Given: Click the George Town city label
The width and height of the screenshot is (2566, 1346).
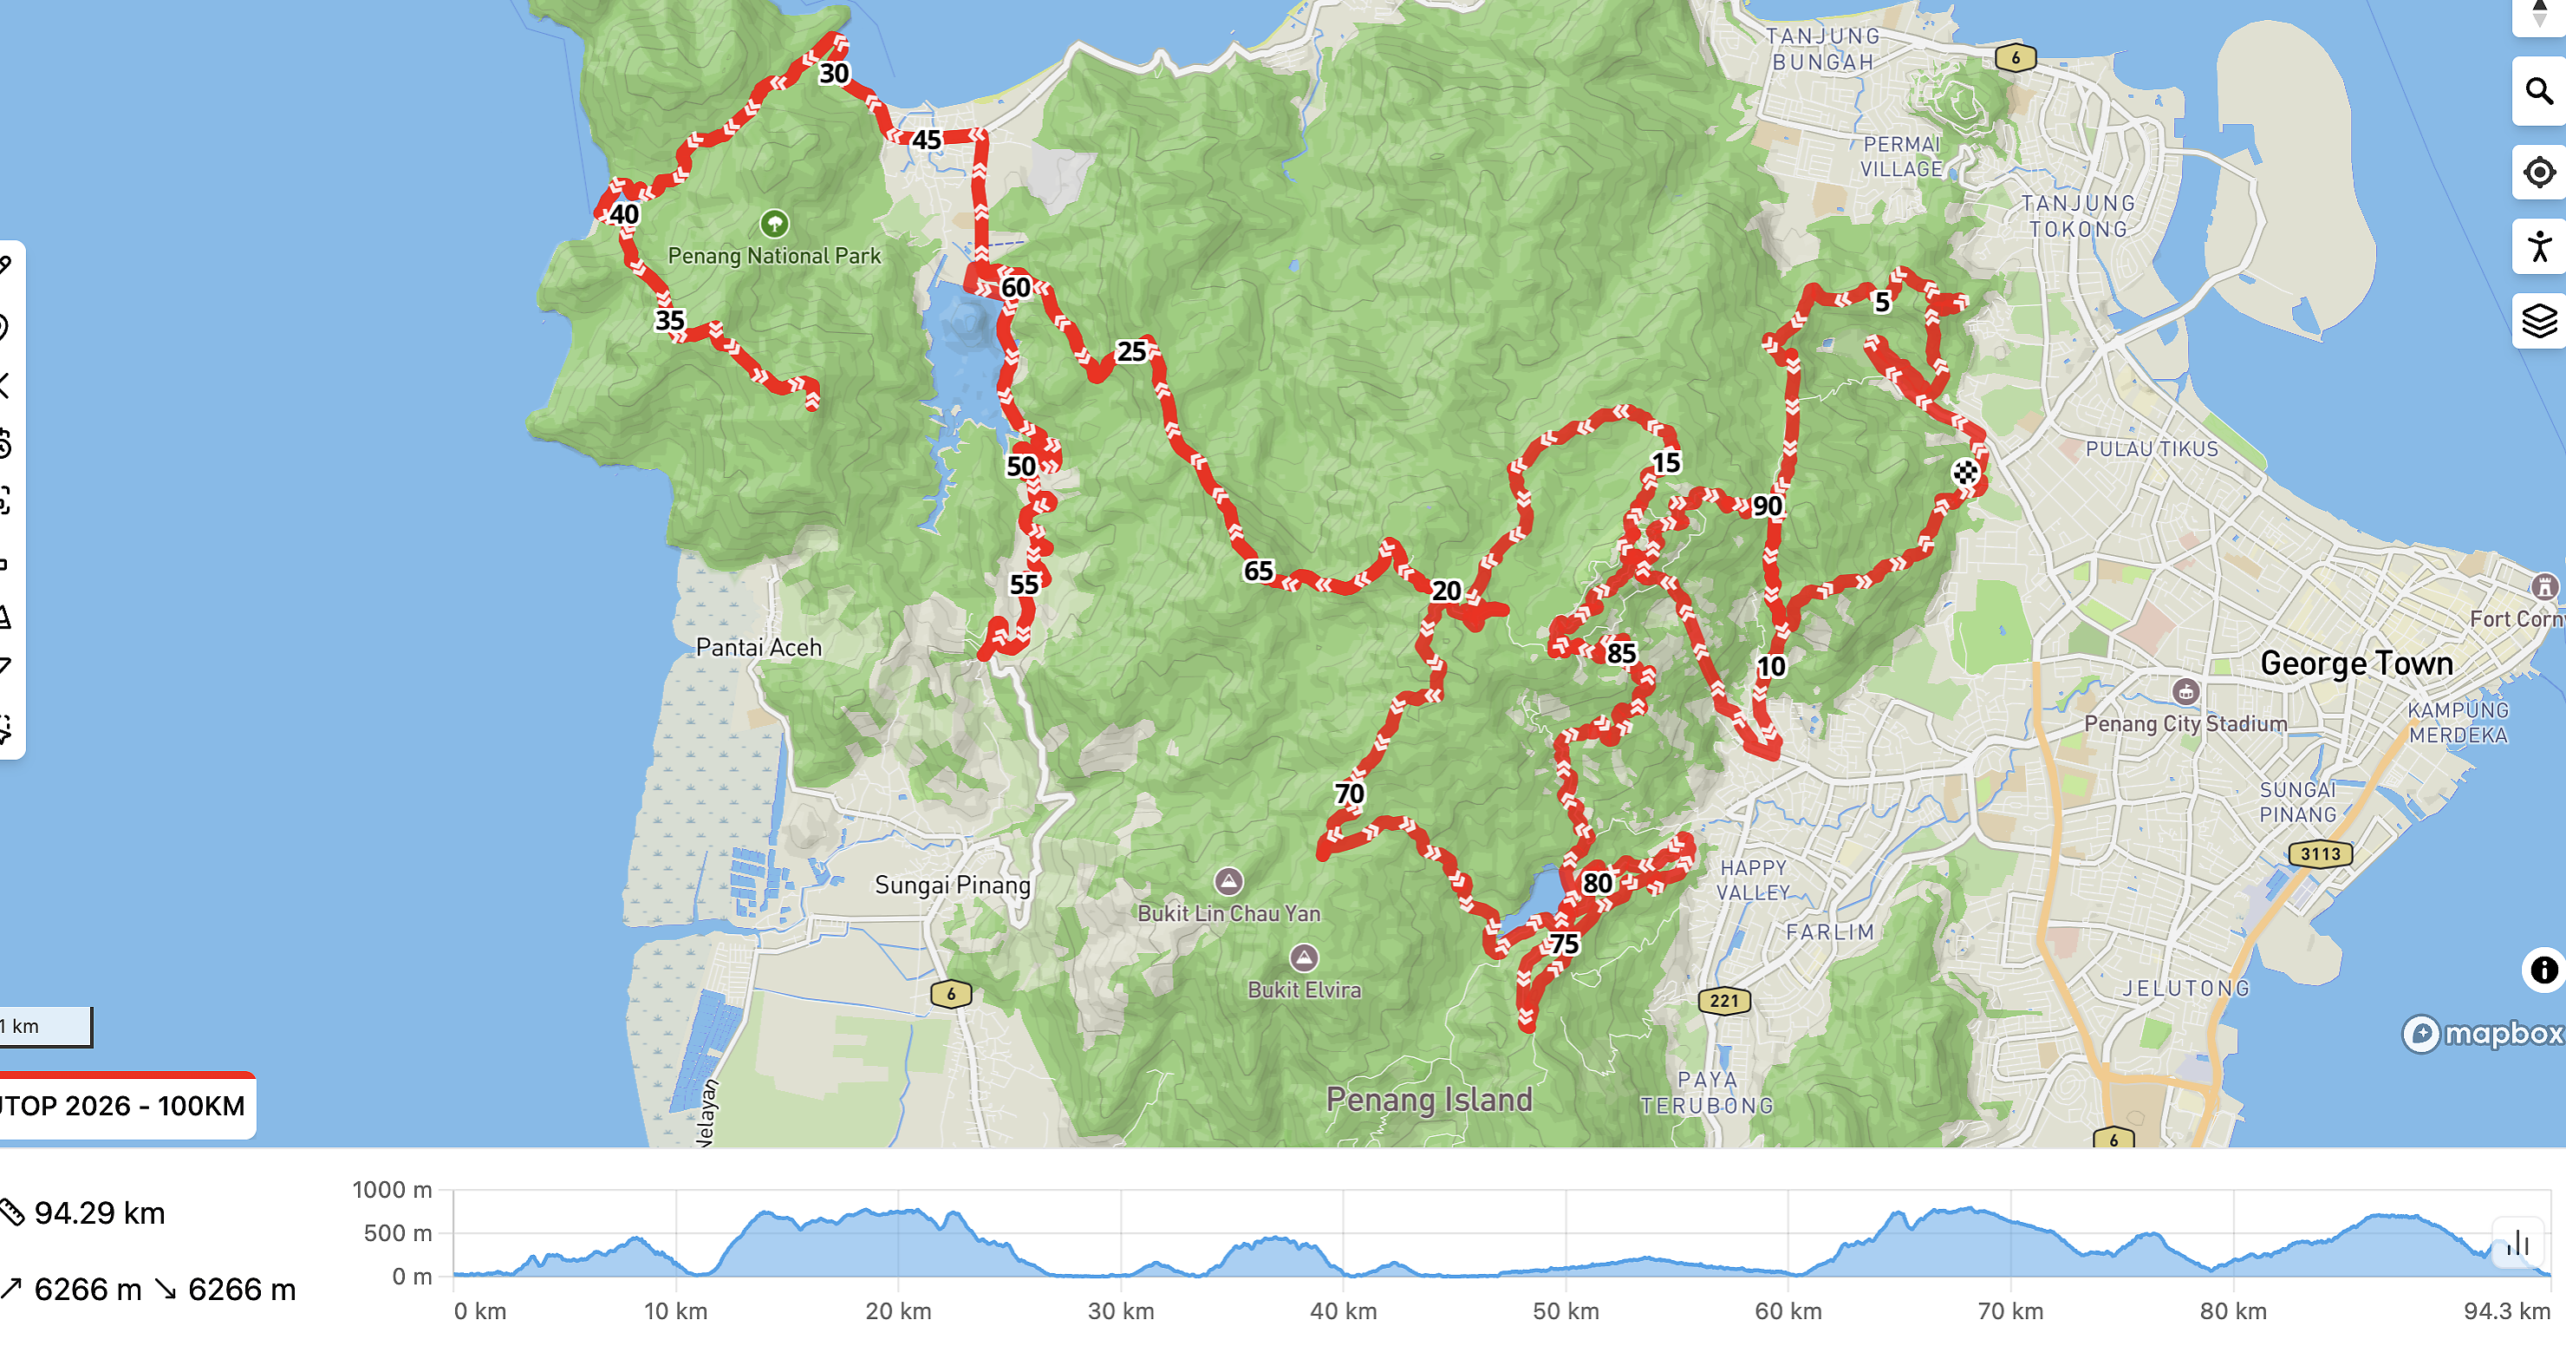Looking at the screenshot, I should (2356, 663).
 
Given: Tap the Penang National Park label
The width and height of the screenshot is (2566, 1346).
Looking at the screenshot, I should (774, 255).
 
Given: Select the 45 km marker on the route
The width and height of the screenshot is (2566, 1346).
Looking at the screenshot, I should (927, 140).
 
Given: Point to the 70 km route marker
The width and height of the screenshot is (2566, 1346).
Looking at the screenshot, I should (1349, 794).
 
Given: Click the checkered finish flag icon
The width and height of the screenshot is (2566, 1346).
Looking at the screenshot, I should (1964, 473).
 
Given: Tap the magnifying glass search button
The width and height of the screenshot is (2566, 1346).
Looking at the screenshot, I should (2538, 92).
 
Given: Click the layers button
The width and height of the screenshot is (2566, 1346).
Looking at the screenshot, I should (2538, 321).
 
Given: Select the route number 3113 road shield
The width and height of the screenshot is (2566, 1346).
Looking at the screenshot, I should (2320, 854).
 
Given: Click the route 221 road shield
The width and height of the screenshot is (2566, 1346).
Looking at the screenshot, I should (1723, 1000).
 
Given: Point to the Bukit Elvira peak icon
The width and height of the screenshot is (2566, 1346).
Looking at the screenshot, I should (1304, 958).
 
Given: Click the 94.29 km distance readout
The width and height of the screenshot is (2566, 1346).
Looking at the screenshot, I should (100, 1212).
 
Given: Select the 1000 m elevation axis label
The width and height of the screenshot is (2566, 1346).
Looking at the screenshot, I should (393, 1190).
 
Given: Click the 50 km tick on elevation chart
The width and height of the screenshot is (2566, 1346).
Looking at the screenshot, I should (1565, 1310).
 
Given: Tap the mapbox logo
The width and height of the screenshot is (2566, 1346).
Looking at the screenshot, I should (2482, 1033).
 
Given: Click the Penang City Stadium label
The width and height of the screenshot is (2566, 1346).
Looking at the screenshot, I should (2185, 723).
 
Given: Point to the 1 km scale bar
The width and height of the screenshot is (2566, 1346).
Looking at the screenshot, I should (45, 1026).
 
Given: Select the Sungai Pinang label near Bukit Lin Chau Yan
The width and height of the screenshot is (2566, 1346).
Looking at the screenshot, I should (953, 885).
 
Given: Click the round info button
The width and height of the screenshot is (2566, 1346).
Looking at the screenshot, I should (2543, 970).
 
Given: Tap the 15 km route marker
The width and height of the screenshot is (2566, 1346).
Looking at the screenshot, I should (1666, 463).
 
